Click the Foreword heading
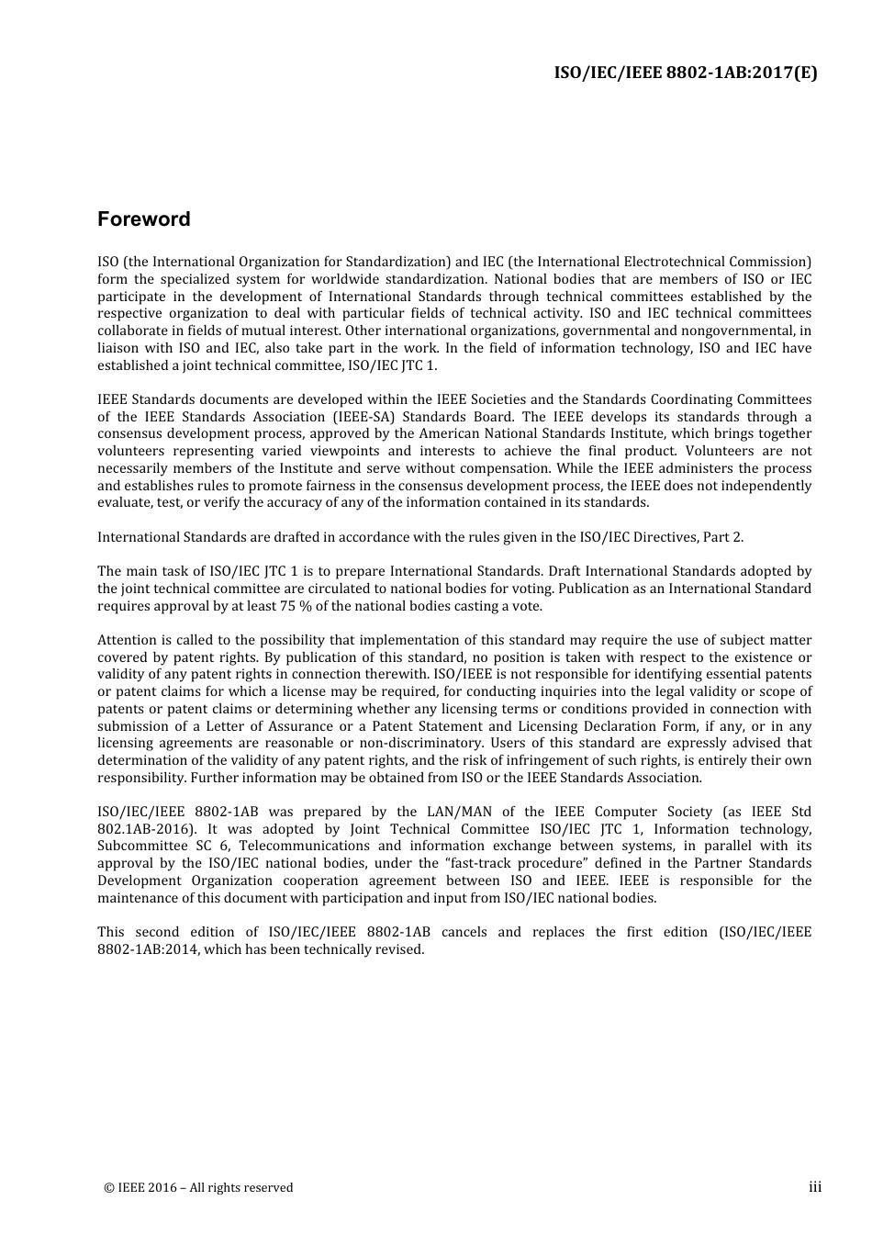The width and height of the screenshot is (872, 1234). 144,219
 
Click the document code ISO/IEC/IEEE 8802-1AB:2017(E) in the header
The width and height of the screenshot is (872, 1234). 686,73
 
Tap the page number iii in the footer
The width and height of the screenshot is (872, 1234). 814,1187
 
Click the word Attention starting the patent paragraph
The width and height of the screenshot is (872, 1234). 127,640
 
